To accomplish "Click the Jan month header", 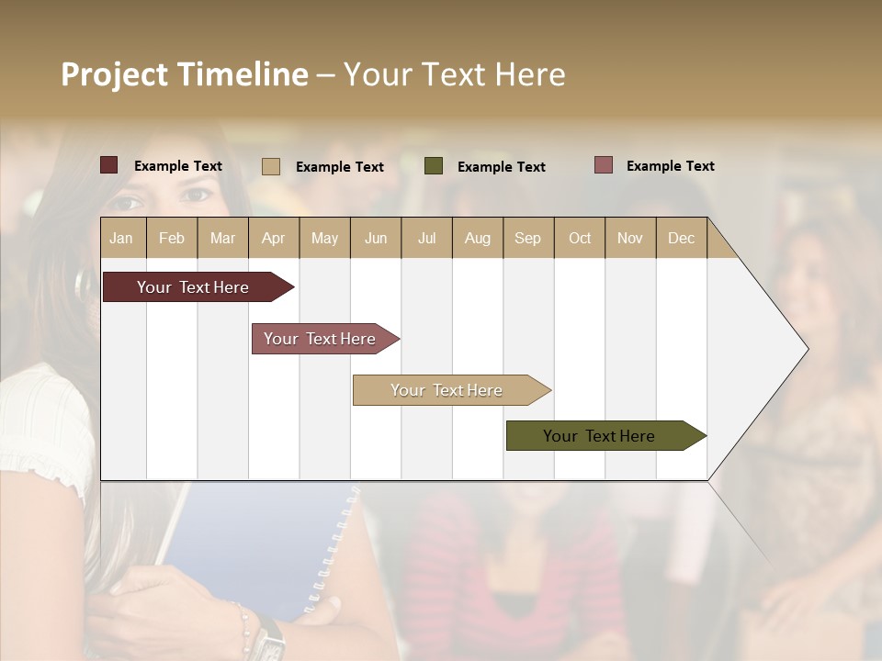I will click(121, 238).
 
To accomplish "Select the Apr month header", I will click(273, 238).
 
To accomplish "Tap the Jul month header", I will click(426, 238).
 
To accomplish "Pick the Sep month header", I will click(527, 238).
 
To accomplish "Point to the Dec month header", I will click(681, 238).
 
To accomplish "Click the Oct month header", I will click(580, 238).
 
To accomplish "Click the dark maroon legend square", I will click(109, 165).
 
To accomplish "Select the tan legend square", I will click(271, 166).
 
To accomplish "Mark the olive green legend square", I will click(434, 165).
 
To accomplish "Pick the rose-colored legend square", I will click(604, 165).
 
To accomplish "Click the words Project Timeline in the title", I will click(185, 74).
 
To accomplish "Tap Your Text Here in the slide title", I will click(454, 74).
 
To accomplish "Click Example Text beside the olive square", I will click(501, 166).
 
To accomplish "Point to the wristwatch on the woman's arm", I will click(270, 638).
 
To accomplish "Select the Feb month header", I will click(172, 238).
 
